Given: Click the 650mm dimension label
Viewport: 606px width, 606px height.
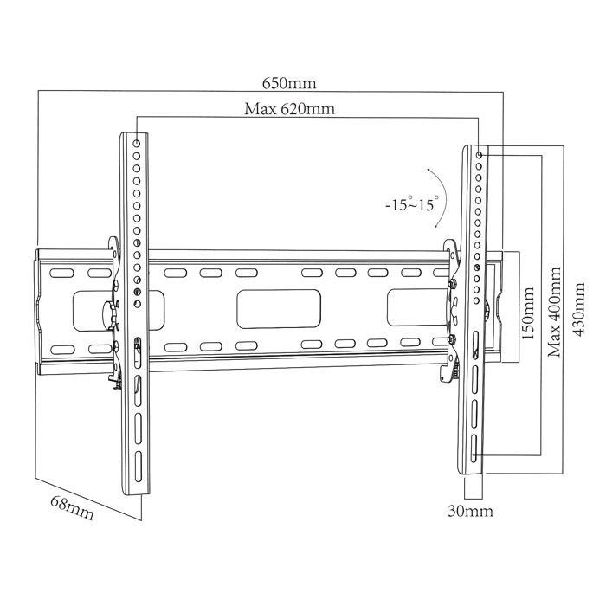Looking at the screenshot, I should (x=290, y=84).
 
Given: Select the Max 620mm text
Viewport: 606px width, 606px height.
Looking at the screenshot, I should (x=289, y=109).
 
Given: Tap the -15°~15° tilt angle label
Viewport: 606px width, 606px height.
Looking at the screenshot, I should (x=411, y=205).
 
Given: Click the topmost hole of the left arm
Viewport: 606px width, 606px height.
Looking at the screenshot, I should (x=139, y=139).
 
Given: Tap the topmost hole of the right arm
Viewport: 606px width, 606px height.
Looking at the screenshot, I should (x=480, y=154).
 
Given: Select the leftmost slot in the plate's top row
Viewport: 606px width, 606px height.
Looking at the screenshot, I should (x=61, y=273).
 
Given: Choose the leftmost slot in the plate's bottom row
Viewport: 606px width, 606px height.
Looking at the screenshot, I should (x=61, y=350).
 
